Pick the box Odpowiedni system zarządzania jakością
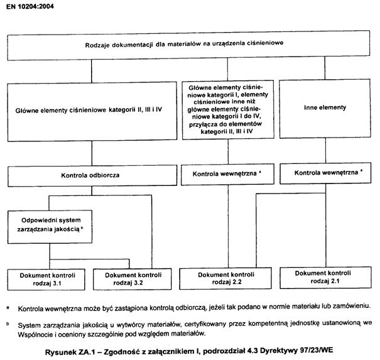point(48,226)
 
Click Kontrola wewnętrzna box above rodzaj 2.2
point(225,172)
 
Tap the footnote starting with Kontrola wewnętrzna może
point(195,308)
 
